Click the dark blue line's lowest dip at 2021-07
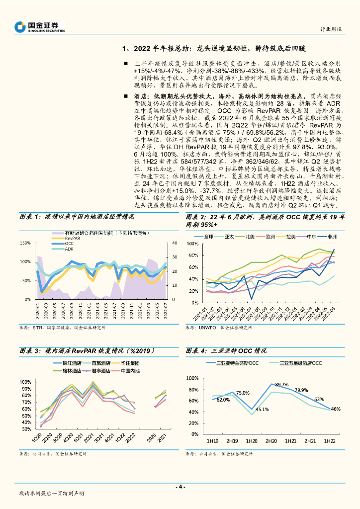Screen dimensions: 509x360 point(251,299)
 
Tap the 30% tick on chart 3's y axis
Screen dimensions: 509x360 point(26,429)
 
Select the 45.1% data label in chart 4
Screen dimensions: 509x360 point(262,409)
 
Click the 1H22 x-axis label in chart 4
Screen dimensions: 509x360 point(329,441)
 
